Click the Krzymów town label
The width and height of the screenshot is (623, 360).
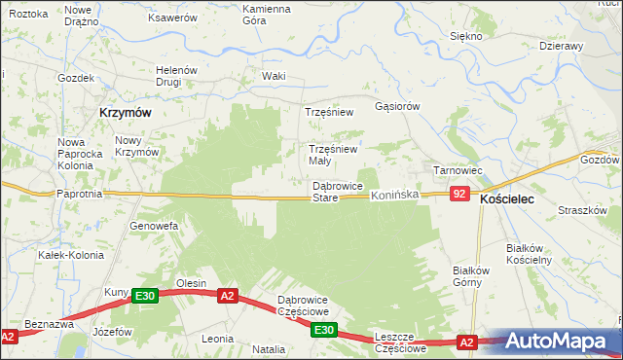[125, 113]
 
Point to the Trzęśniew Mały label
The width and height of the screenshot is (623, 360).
[334, 155]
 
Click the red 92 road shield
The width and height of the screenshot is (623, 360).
[461, 195]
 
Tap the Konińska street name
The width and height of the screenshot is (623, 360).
[394, 196]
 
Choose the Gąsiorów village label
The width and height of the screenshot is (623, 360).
[397, 106]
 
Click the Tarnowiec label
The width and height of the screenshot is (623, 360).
[458, 170]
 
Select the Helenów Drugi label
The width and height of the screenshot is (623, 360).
[177, 76]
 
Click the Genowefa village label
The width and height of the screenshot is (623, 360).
[154, 226]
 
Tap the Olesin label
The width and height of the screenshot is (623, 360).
[191, 283]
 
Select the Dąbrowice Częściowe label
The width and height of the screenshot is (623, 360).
[304, 306]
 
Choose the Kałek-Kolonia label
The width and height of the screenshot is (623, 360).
[65, 255]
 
